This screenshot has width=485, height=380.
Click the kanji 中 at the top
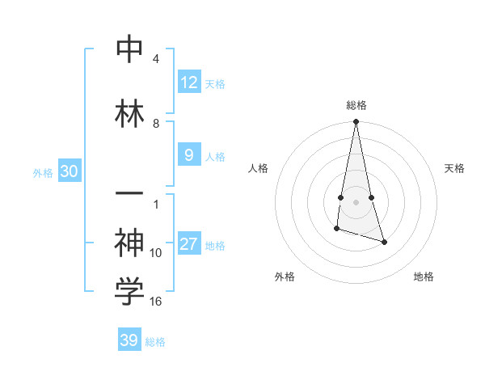pyautogui.click(x=129, y=49)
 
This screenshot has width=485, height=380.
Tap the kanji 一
pyautogui.click(x=129, y=196)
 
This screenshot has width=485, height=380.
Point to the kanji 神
pyautogui.click(x=129, y=243)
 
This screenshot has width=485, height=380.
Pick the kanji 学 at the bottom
pyautogui.click(x=129, y=293)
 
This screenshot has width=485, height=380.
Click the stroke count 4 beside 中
pyautogui.click(x=156, y=59)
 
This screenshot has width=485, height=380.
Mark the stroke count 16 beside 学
pyautogui.click(x=156, y=302)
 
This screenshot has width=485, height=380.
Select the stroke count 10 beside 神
pyautogui.click(x=156, y=253)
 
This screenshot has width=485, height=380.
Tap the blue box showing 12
pyautogui.click(x=188, y=82)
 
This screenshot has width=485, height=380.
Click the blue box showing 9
pyautogui.click(x=188, y=155)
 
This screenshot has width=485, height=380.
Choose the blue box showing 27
pyautogui.click(x=188, y=244)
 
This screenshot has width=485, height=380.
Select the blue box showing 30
pyautogui.click(x=69, y=171)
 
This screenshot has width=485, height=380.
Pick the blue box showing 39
pyautogui.click(x=129, y=340)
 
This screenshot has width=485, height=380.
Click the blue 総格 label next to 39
pyautogui.click(x=155, y=342)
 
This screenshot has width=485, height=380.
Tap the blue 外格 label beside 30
pyautogui.click(x=43, y=172)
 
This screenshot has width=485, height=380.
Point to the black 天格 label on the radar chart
pyautogui.click(x=455, y=168)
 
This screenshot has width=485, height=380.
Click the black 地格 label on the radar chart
pyautogui.click(x=424, y=277)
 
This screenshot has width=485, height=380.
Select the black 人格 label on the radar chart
pyautogui.click(x=258, y=168)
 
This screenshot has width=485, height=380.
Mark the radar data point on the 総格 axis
pyautogui.click(x=356, y=122)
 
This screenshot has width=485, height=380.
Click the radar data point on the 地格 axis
pyautogui.click(x=384, y=242)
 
